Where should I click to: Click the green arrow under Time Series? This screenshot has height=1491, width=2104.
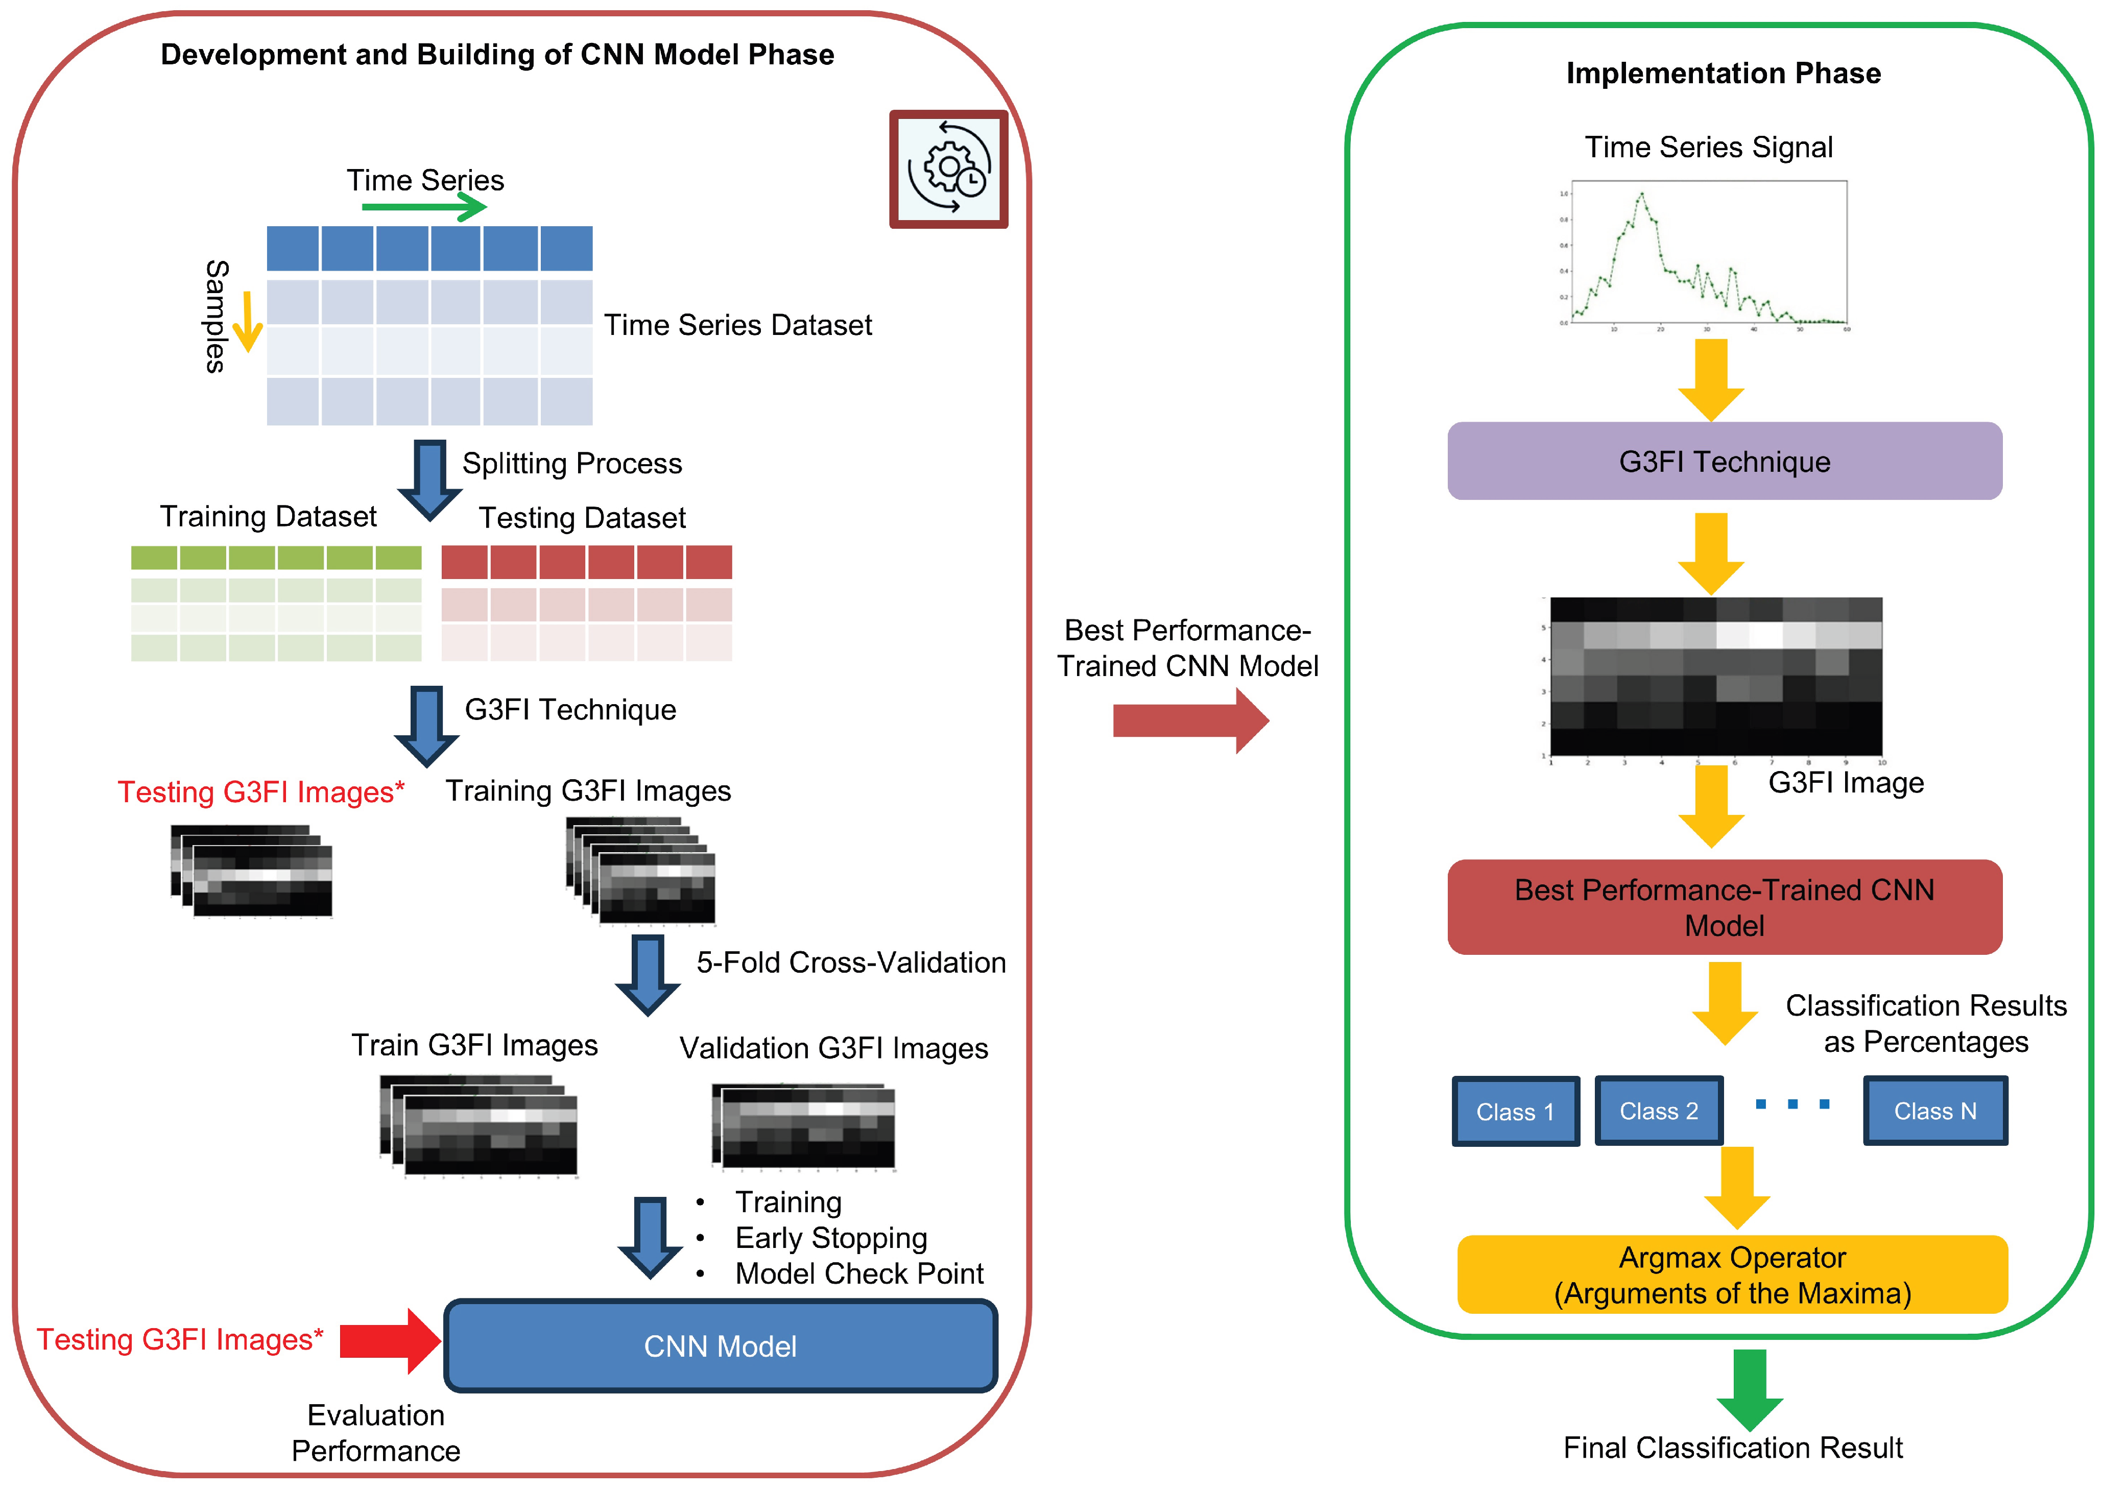click(x=423, y=207)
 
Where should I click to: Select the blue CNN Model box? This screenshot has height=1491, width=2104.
click(x=721, y=1346)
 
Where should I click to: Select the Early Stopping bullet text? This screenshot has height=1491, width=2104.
click(x=831, y=1238)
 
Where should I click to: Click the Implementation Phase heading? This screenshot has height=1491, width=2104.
click(x=1723, y=74)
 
